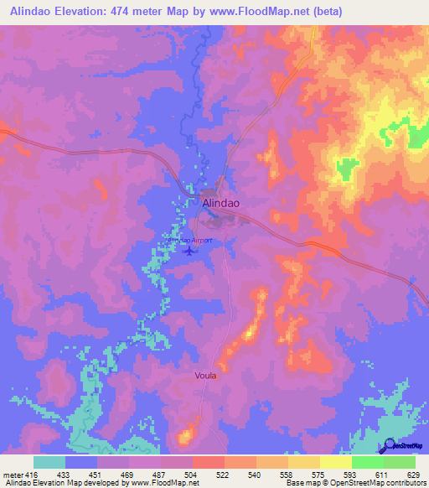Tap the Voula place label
[205, 376]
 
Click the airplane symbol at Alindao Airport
[189, 250]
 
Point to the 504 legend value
[191, 474]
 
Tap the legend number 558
[287, 474]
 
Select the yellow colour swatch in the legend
[335, 462]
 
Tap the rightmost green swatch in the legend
[400, 462]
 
